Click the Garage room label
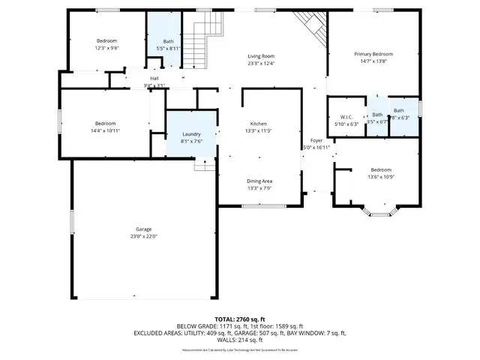coord(144,229)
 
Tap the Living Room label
coord(262,56)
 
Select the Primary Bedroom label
coord(373,54)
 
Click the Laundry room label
coord(191,134)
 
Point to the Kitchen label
coord(258,124)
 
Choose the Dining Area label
coord(259,181)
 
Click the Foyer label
coord(316,141)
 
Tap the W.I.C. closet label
coord(346,116)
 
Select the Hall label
coord(154,78)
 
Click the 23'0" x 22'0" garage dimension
coord(144,236)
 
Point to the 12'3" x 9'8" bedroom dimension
coord(107,47)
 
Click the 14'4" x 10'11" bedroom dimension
coord(105,130)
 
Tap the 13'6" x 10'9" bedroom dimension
coord(380,177)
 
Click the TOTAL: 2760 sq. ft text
coord(239,319)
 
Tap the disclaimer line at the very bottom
coord(239,349)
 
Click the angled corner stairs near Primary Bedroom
coord(310,28)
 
